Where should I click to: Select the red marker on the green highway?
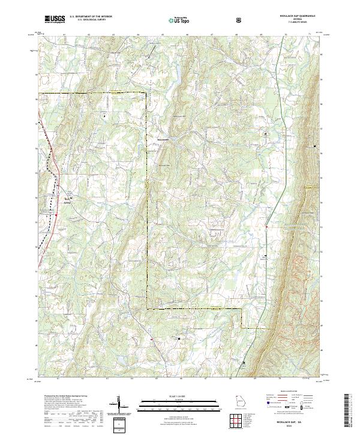pyautogui.click(x=266, y=226)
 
